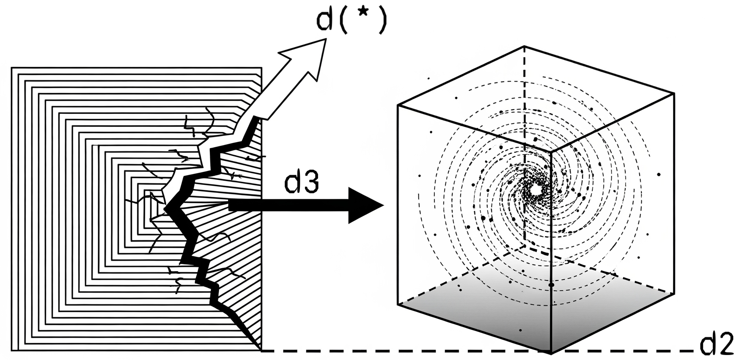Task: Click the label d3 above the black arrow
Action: click(x=301, y=182)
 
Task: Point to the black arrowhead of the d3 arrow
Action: click(x=364, y=206)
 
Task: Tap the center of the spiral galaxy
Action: click(x=536, y=190)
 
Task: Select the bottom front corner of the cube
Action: click(x=551, y=352)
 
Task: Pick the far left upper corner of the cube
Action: click(x=398, y=105)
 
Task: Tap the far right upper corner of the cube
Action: click(x=674, y=93)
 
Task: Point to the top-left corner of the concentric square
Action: click(x=11, y=68)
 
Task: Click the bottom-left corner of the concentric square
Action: click(x=11, y=350)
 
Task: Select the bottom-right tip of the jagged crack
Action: click(x=259, y=348)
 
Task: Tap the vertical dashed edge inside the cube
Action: click(x=525, y=127)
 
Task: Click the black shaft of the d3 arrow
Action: click(x=288, y=206)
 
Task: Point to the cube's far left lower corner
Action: click(x=398, y=304)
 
